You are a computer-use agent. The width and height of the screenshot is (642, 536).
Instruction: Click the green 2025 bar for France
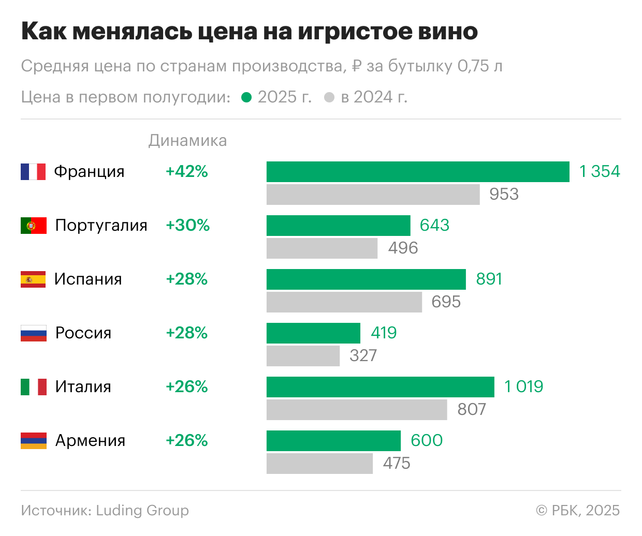coord(418,172)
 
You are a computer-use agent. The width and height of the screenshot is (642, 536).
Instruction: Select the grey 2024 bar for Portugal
coord(322,248)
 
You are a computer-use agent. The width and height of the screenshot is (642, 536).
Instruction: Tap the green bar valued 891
coord(366,279)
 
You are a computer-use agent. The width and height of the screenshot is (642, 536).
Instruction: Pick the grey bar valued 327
coord(303,356)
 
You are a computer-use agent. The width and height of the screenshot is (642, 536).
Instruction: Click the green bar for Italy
coord(381,387)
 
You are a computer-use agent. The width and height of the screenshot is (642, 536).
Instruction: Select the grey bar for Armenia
coord(319,464)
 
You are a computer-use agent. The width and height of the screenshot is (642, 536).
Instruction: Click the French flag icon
coord(33,172)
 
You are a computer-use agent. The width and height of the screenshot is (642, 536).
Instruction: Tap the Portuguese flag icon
coord(34,226)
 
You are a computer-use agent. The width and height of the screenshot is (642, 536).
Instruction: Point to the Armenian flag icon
coord(34,441)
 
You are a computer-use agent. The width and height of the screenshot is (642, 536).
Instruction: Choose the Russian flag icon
coord(34,333)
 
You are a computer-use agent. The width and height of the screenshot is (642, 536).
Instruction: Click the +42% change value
coord(186,172)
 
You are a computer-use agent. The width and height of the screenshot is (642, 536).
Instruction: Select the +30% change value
coord(187,226)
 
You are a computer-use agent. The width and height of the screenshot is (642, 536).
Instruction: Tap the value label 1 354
coord(600,172)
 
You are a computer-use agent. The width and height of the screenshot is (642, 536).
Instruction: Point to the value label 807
coord(472,410)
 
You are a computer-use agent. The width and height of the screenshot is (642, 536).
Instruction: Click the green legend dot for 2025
coord(247,97)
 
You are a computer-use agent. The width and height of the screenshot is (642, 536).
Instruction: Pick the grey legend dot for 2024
coord(329,97)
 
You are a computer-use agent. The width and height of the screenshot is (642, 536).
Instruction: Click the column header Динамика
coord(187,141)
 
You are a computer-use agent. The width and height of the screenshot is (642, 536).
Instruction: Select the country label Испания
coord(88,279)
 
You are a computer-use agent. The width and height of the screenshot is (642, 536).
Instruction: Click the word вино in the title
coord(448,32)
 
